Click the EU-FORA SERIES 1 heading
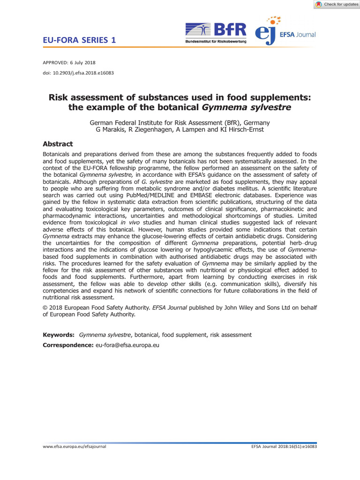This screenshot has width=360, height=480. tap(79, 40)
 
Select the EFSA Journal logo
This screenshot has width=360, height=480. tap(285, 32)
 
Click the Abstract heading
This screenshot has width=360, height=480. tap(58, 144)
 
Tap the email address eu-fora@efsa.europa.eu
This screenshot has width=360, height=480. tap(128, 345)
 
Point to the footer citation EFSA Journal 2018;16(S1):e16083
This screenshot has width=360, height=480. tap(284, 447)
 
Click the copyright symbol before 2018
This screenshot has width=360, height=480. tap(45, 307)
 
